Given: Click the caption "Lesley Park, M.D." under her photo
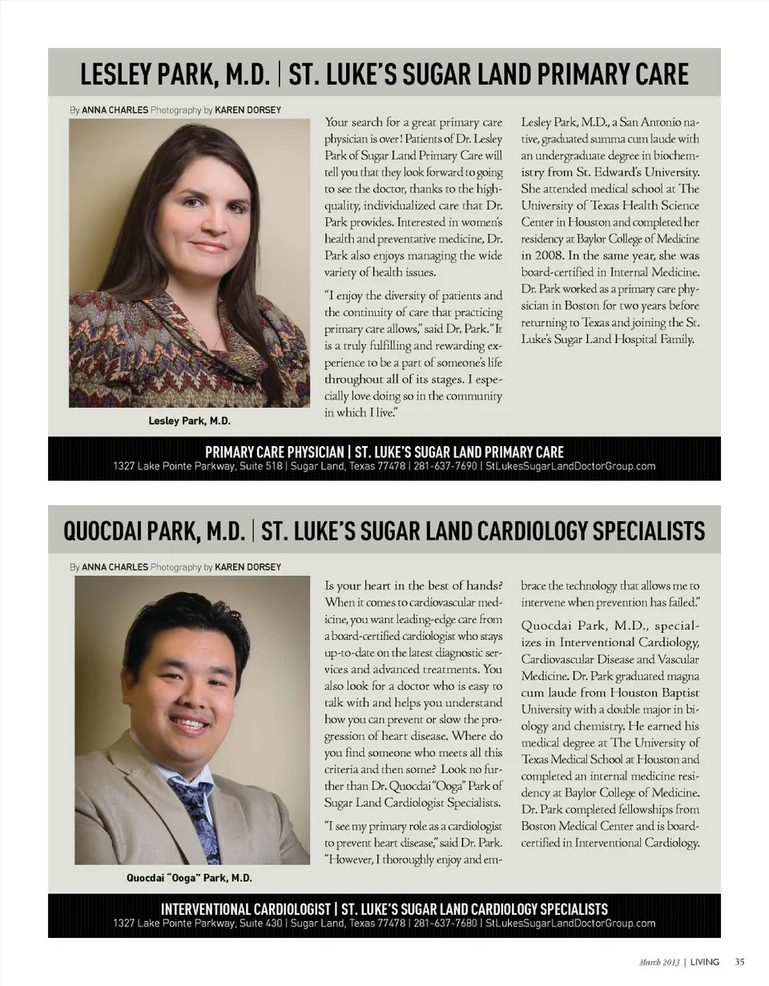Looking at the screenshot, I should (x=189, y=421).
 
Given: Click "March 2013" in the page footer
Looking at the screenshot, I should (x=661, y=961).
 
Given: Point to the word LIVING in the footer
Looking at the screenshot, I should (x=705, y=961).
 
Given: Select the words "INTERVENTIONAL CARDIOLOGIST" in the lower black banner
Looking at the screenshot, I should (x=246, y=909).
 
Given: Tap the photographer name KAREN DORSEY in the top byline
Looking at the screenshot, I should (x=248, y=110).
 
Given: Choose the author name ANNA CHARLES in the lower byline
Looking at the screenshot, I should (x=115, y=566).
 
